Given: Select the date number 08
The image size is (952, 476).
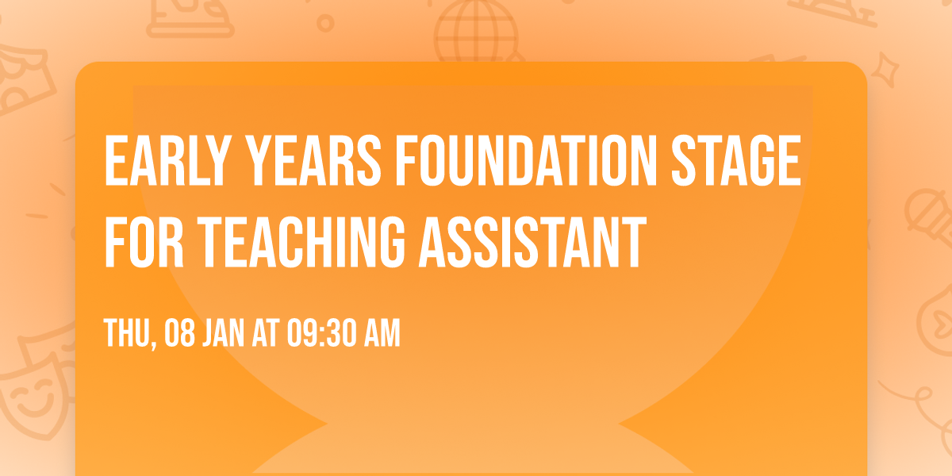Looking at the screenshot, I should (x=178, y=334).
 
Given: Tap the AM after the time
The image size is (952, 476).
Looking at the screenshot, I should (x=382, y=334).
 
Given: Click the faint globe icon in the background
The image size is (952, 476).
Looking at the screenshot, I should (x=469, y=32).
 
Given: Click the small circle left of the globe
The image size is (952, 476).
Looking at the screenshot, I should (x=324, y=23).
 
